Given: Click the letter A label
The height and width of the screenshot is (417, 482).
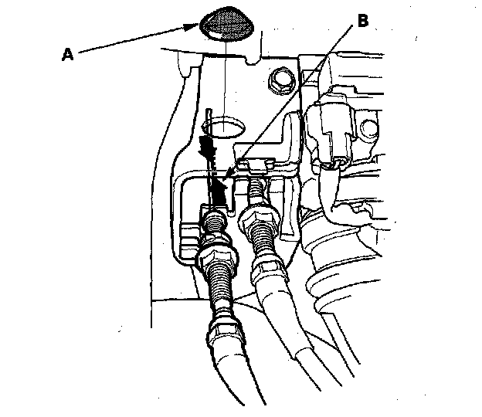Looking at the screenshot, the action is (x=68, y=55).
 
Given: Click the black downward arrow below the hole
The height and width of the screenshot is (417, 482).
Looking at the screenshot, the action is (x=207, y=147).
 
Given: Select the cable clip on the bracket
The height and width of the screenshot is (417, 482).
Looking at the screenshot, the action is (x=254, y=164).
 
